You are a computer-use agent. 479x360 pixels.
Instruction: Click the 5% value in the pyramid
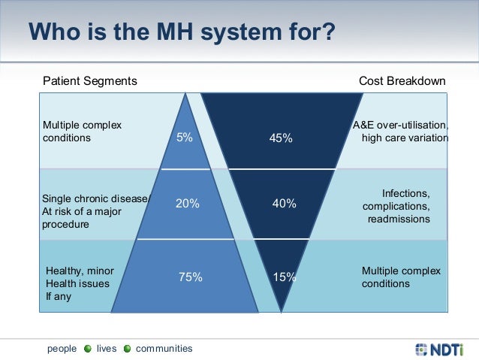click(184, 138)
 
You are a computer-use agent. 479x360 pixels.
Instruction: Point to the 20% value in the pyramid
click(187, 203)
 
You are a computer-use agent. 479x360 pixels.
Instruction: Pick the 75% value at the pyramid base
click(191, 277)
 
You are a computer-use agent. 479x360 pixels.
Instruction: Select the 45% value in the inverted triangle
click(281, 138)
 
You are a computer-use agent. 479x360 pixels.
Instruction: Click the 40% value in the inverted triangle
click(285, 203)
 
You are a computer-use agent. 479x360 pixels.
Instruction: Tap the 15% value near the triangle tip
click(285, 277)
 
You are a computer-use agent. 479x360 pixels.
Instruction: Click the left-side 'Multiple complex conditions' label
click(82, 132)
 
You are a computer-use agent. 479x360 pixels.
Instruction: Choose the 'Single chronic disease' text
click(96, 199)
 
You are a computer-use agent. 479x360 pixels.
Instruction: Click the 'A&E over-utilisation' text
click(400, 125)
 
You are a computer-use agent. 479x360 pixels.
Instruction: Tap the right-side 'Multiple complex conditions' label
click(401, 277)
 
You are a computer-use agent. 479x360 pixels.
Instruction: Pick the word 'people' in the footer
click(62, 349)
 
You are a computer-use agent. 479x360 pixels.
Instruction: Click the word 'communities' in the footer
click(164, 349)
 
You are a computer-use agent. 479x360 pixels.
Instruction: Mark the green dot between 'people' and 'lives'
click(88, 349)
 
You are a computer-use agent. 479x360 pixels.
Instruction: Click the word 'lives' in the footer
click(107, 349)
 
